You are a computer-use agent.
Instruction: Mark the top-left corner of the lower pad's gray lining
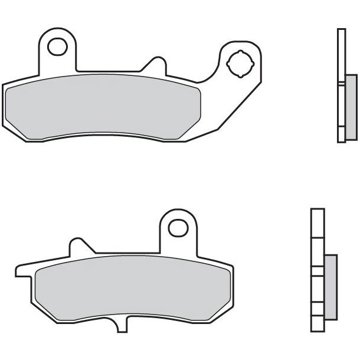point(36,265)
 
